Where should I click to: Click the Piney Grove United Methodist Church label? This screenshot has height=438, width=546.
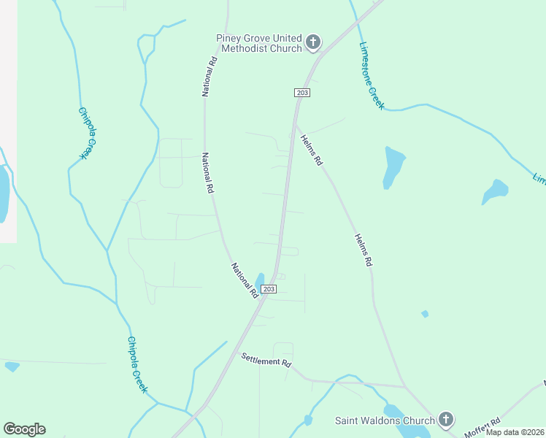coord(259,43)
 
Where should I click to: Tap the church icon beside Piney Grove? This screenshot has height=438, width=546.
coord(313,42)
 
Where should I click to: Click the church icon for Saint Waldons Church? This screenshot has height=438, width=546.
coord(446,420)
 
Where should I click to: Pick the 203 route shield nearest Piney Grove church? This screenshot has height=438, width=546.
coord(303,93)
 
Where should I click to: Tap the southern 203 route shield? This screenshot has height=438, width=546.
coord(269,289)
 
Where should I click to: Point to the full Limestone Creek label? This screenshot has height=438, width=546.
coord(372,75)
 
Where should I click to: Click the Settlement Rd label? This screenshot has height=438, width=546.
coord(266,360)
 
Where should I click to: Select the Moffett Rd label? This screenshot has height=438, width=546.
coord(483,427)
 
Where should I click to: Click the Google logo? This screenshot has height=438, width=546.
coord(24,429)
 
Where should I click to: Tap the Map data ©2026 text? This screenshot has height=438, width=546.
coord(515,432)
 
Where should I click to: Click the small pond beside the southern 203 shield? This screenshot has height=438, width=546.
coord(259,281)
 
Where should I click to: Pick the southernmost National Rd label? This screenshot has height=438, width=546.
coord(245,280)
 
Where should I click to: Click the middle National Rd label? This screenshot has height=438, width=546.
coord(208,172)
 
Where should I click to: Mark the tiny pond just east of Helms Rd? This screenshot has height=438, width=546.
coord(425,314)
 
